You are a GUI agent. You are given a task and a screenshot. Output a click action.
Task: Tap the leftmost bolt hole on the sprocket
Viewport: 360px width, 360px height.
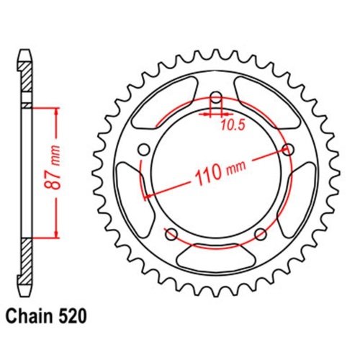click(143, 149)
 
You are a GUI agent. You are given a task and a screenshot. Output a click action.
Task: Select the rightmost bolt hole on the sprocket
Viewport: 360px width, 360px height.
click(290, 150)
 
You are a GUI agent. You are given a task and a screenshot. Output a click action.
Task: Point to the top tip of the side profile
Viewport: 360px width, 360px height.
click(25, 53)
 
